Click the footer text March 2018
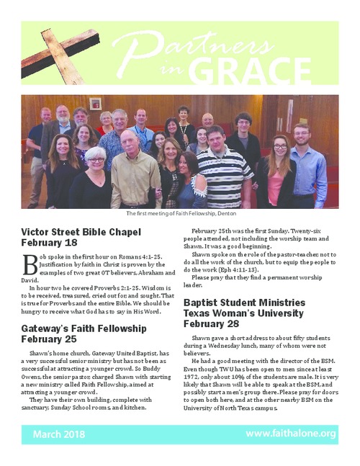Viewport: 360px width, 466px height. pos(59,434)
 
